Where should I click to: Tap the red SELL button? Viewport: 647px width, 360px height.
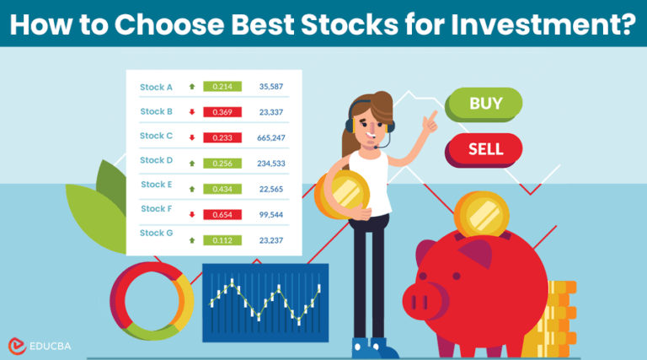[x=484, y=148]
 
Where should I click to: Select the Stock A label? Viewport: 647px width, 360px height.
[x=156, y=86]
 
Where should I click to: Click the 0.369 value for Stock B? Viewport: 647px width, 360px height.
[x=222, y=111]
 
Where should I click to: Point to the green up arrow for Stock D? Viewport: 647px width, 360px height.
[x=192, y=162]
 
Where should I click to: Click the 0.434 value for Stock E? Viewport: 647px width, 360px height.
[x=222, y=186]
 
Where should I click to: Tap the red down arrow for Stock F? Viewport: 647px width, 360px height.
[x=192, y=214]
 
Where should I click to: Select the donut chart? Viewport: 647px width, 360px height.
[x=152, y=300]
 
